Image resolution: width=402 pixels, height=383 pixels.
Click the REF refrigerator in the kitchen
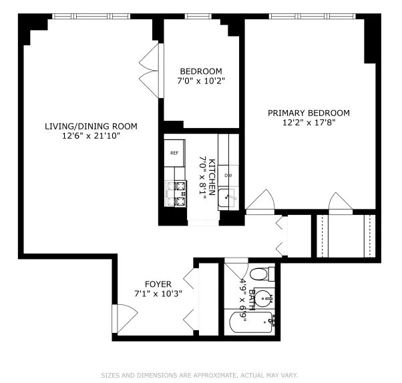pyautogui.click(x=174, y=153)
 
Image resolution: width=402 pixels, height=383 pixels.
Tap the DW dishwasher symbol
pyautogui.click(x=228, y=175)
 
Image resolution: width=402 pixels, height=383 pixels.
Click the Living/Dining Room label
pyautogui.click(x=91, y=126)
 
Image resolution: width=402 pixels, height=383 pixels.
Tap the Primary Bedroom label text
pyautogui.click(x=309, y=113)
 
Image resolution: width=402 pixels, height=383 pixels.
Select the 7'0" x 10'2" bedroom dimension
pyautogui.click(x=201, y=81)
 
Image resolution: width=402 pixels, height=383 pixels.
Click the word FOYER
pyautogui.click(x=158, y=283)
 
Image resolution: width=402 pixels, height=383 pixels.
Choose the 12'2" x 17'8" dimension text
pyautogui.click(x=309, y=123)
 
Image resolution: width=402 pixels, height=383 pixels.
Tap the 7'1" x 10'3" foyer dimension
pyautogui.click(x=158, y=293)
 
